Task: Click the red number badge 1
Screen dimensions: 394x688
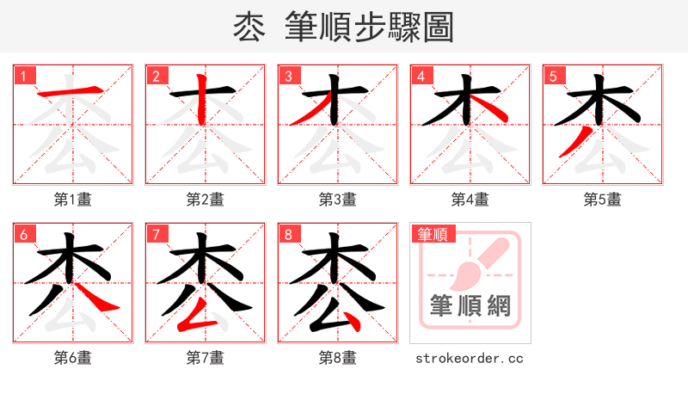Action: pos(23,76)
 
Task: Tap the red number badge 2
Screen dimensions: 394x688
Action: pos(156,76)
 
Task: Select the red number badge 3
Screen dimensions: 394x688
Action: pos(288,76)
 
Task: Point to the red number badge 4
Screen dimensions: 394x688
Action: pos(421,76)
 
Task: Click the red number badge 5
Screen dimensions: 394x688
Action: pos(553,76)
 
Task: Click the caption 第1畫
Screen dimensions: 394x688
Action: pos(73,200)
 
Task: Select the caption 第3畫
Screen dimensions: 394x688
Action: pos(338,200)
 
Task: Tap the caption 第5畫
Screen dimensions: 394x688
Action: pos(603,200)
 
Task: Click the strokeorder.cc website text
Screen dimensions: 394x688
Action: pos(470,358)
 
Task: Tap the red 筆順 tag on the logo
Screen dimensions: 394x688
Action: pos(433,233)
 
